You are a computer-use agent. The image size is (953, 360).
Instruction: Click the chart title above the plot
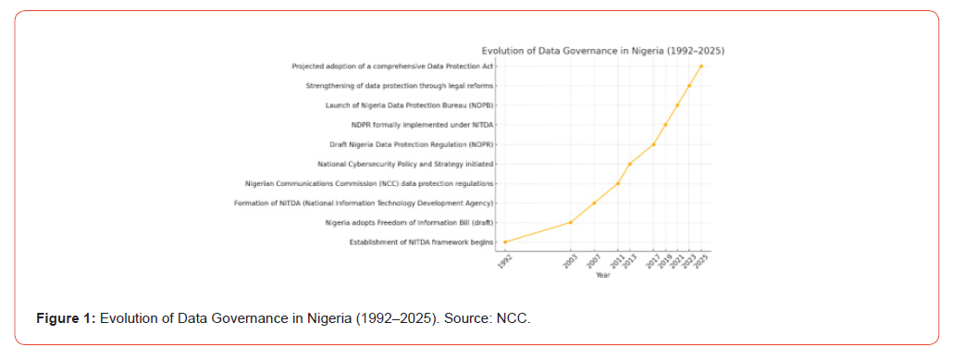tap(603, 51)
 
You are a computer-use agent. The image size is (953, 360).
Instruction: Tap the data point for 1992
tap(505, 242)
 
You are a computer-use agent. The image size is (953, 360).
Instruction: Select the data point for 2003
tap(570, 222)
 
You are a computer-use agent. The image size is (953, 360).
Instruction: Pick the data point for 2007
tap(594, 203)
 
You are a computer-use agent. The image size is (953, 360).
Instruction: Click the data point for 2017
tap(653, 144)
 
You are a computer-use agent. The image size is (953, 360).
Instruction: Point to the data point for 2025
tap(700, 67)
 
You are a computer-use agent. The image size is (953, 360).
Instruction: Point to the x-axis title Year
tap(603, 276)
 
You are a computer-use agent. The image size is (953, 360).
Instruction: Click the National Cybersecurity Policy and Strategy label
tap(405, 164)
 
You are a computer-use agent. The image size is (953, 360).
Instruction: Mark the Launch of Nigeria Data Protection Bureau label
tap(409, 106)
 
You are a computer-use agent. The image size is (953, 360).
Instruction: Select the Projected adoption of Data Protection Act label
tap(392, 67)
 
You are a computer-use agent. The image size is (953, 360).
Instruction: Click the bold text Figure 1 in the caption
tap(67, 318)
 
